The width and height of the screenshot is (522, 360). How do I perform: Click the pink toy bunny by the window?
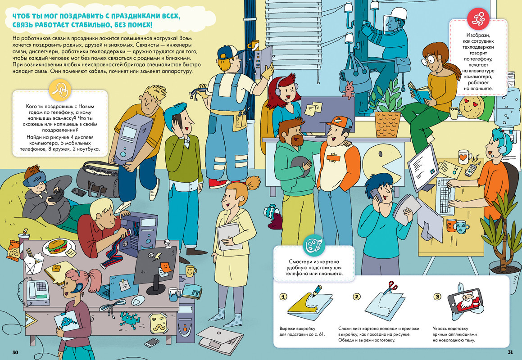click(x=349, y=90)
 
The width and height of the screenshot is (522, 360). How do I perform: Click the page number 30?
click(x=15, y=352)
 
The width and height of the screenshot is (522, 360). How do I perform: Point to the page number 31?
click(x=510, y=352)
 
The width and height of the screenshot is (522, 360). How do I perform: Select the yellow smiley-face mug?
click(x=190, y=271)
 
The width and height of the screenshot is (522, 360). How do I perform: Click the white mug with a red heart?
click(x=464, y=157)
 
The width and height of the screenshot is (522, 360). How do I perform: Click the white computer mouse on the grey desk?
click(x=138, y=301)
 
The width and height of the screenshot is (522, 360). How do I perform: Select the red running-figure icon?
click(x=478, y=19)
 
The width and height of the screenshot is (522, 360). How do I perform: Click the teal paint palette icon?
click(x=313, y=246)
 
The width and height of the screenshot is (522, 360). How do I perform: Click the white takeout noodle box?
click(x=34, y=263)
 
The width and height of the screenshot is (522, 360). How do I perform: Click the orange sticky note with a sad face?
click(x=165, y=267)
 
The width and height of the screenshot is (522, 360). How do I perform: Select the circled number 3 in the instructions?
click(x=437, y=296)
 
